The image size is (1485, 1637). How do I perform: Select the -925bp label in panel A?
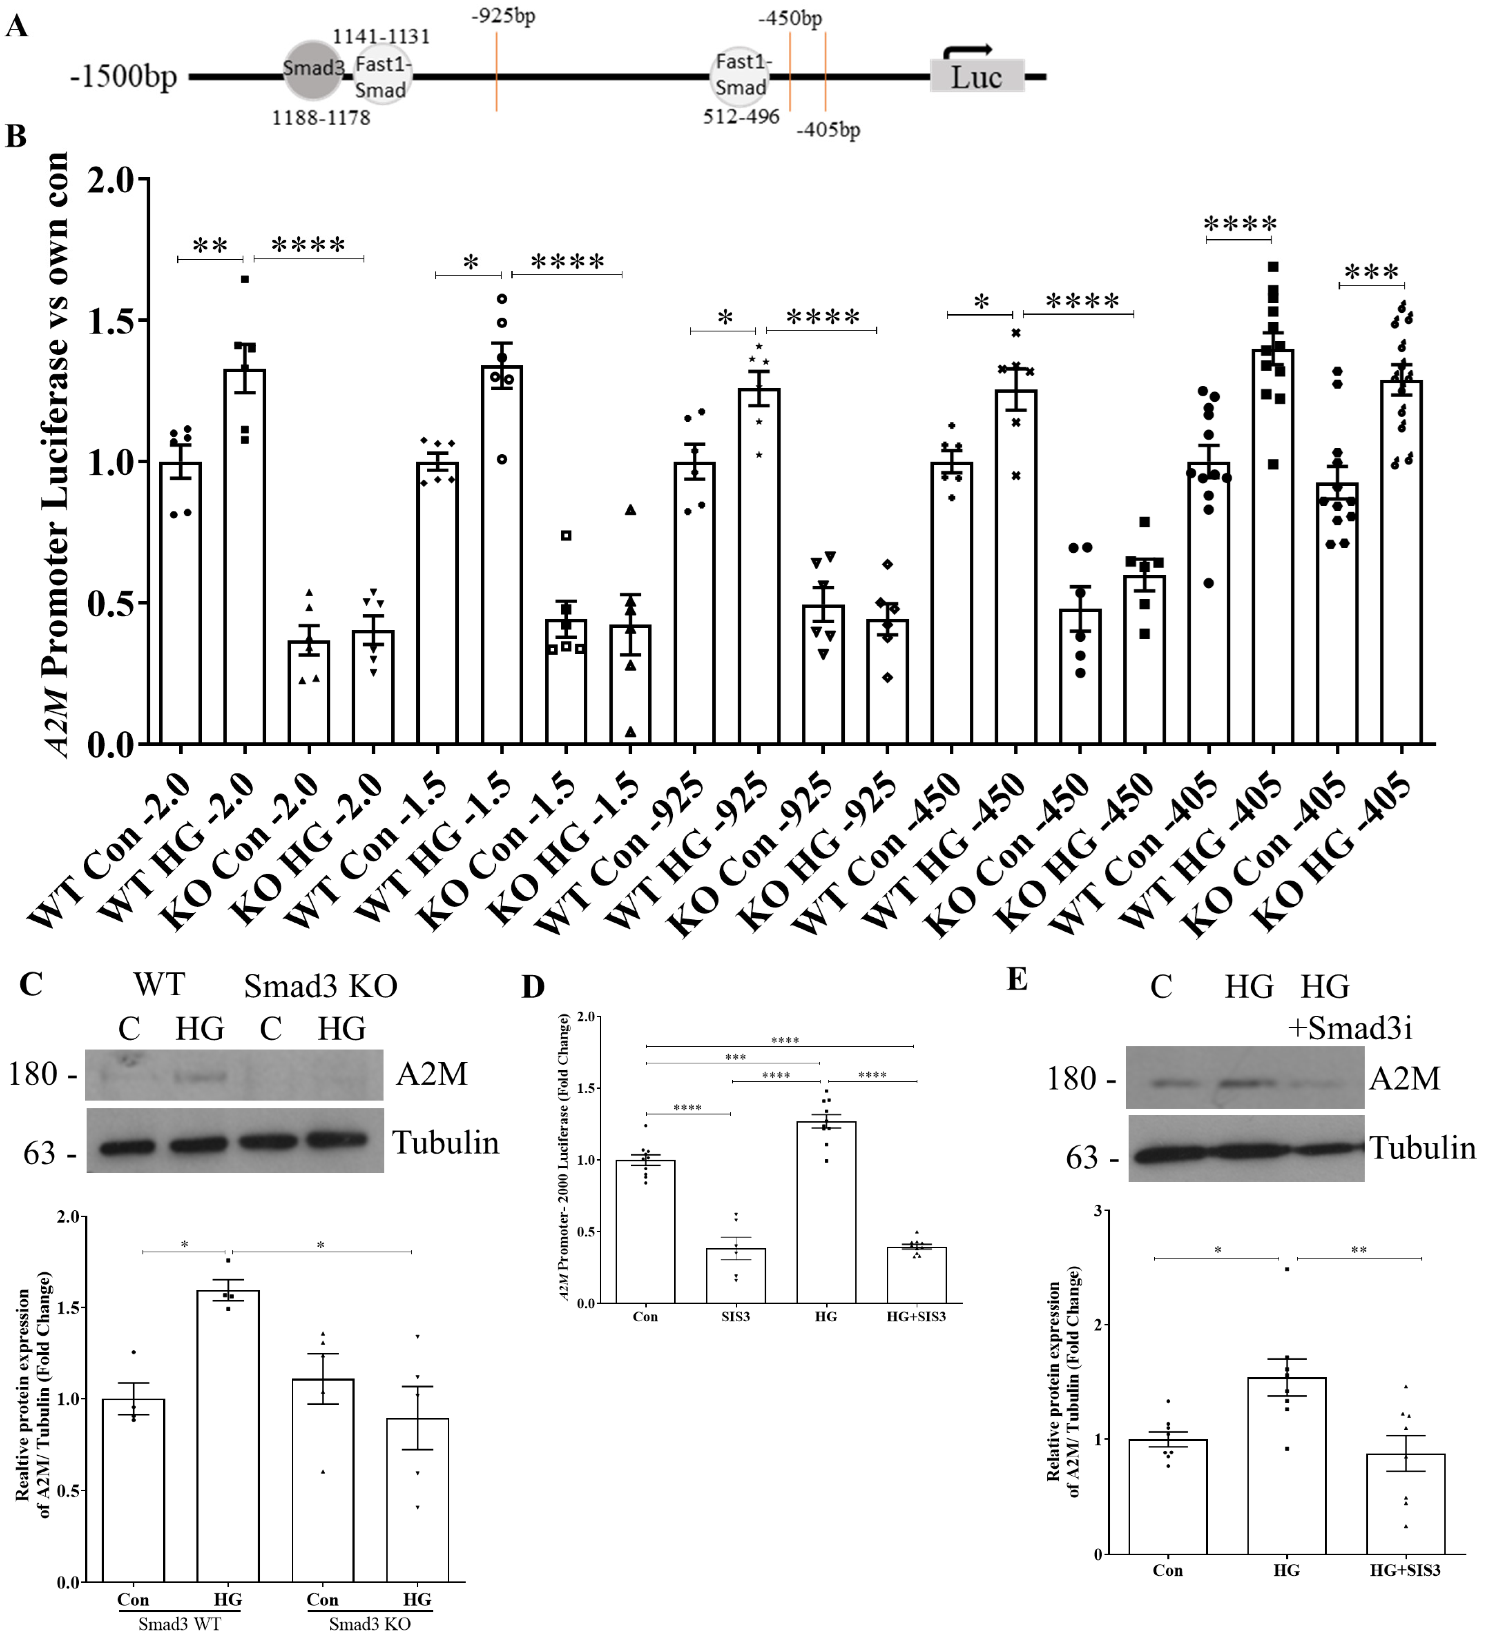click(504, 16)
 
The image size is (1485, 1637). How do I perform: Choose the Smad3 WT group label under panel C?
click(179, 1624)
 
